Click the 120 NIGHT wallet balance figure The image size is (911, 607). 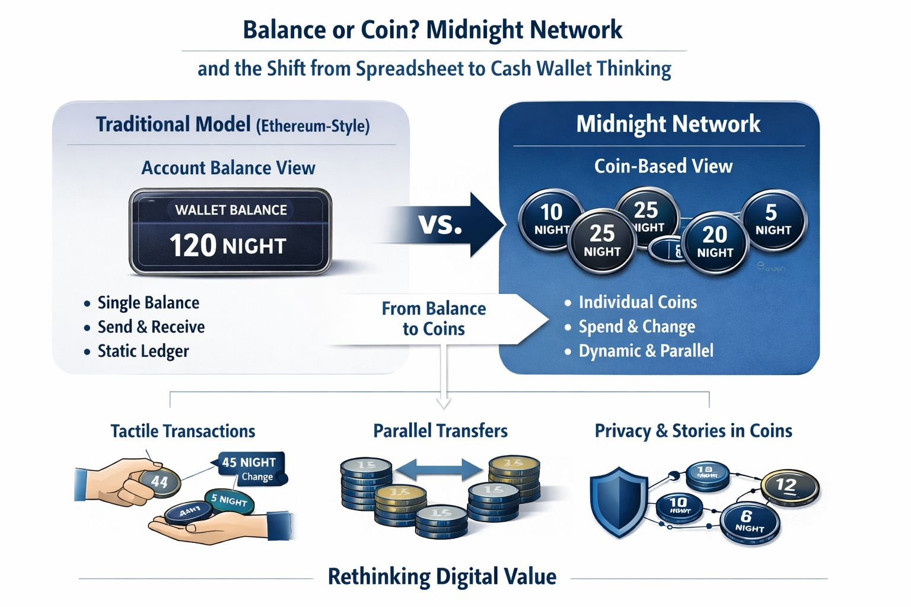pyautogui.click(x=228, y=245)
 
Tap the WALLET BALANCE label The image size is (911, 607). pyautogui.click(x=231, y=210)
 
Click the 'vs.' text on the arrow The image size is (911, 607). pyautogui.click(x=440, y=224)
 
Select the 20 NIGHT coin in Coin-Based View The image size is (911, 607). pyautogui.click(x=715, y=242)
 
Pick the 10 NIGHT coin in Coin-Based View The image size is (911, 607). pyautogui.click(x=551, y=218)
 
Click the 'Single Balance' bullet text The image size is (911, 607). pyautogui.click(x=148, y=303)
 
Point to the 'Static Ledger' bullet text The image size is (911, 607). pyautogui.click(x=143, y=351)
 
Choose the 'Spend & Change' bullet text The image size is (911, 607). pyautogui.click(x=636, y=327)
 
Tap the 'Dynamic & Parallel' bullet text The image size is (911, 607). pyautogui.click(x=646, y=351)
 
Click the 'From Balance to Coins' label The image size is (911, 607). pyautogui.click(x=434, y=318)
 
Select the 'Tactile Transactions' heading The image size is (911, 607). pyautogui.click(x=183, y=431)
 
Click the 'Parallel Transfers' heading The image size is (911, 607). pyautogui.click(x=440, y=431)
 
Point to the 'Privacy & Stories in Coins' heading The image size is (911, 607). pyautogui.click(x=693, y=431)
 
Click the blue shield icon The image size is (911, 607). pyautogui.click(x=618, y=501)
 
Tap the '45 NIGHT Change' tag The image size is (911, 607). pyautogui.click(x=249, y=468)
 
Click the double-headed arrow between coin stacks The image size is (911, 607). pyautogui.click(x=439, y=470)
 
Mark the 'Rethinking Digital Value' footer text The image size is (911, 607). pyautogui.click(x=442, y=576)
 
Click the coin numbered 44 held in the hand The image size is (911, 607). pyautogui.click(x=159, y=482)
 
